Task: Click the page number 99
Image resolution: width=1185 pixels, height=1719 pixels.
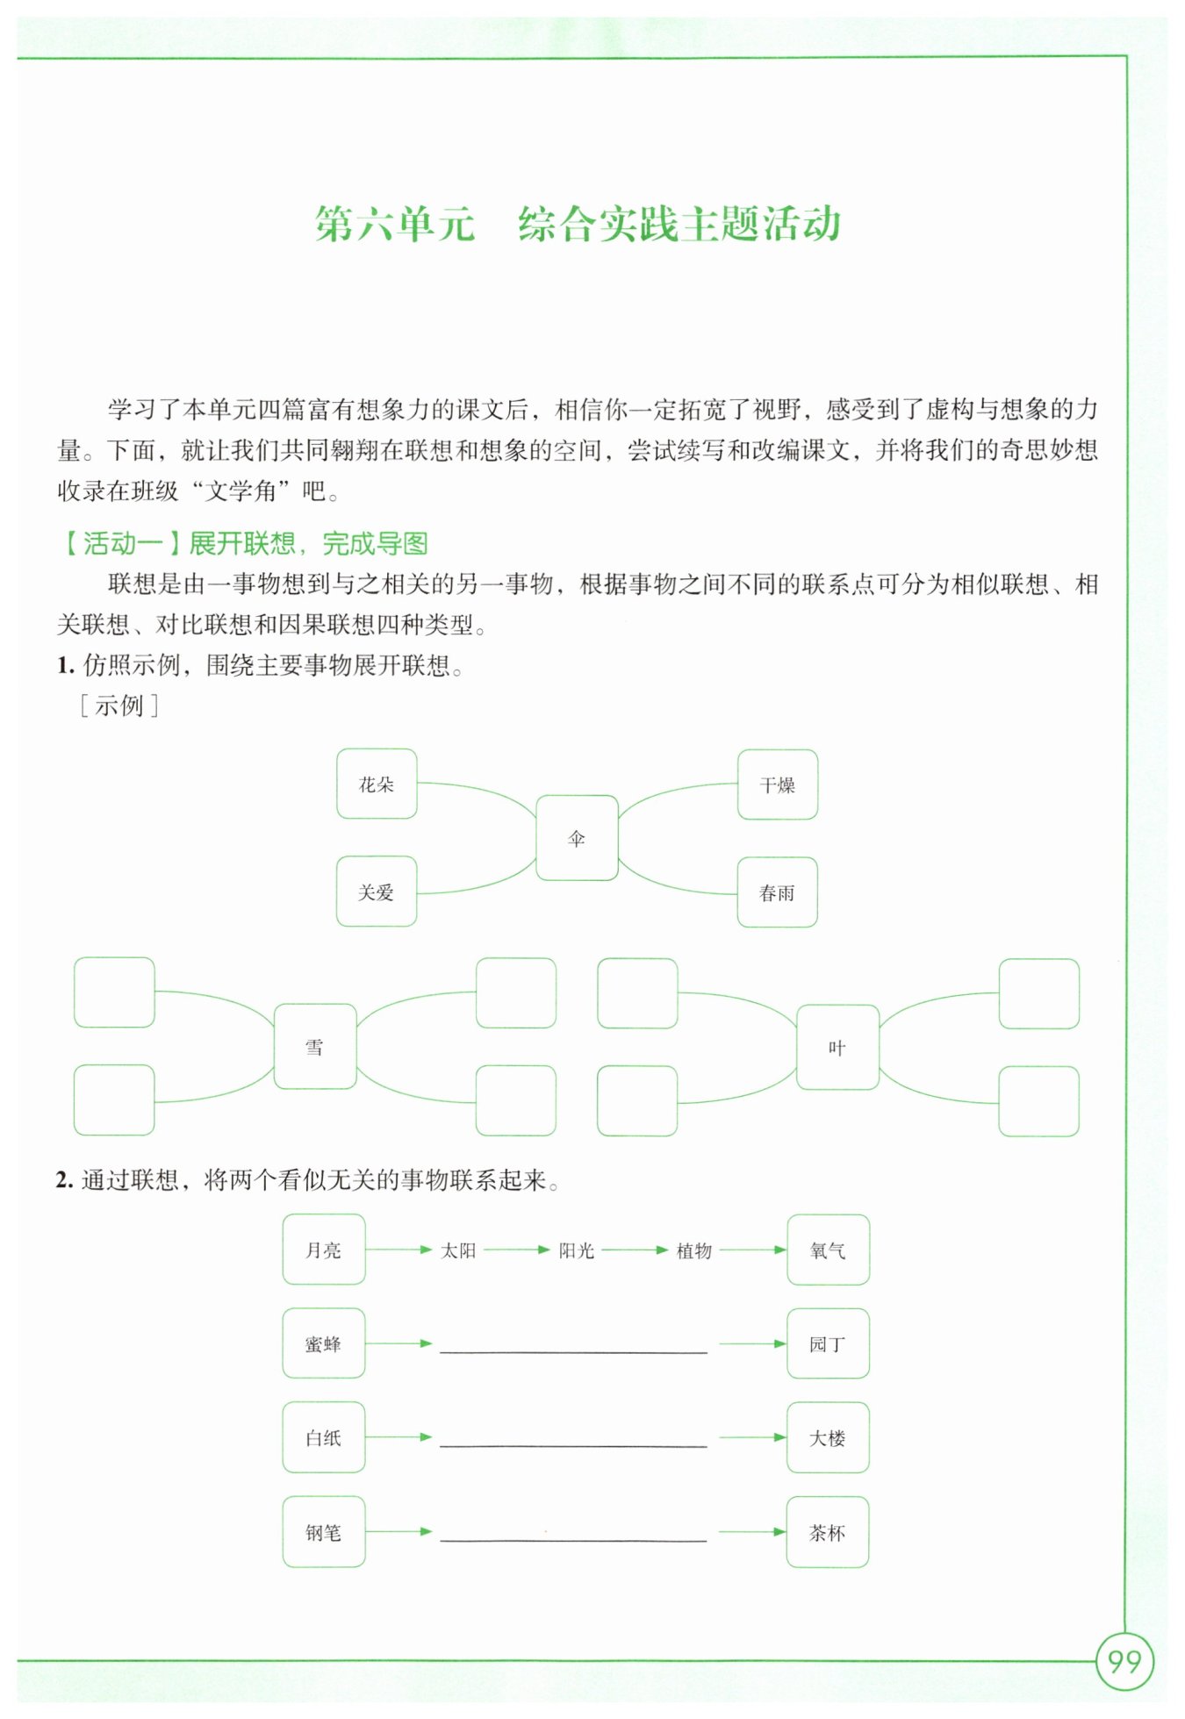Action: [x=1124, y=1661]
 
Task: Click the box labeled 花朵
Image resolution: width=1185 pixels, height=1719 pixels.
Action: [x=377, y=784]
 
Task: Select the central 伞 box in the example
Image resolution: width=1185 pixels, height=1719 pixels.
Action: [x=577, y=838]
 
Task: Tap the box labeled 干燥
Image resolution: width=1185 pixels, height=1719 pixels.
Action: [x=778, y=784]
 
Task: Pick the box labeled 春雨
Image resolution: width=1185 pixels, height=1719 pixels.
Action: [x=777, y=892]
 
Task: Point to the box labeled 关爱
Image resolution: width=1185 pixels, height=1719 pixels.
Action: [x=377, y=892]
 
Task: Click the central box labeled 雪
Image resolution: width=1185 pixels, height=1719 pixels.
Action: [x=315, y=1047]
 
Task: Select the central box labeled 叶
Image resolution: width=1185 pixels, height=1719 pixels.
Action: [x=837, y=1048]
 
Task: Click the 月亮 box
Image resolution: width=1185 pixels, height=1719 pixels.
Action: [x=324, y=1250]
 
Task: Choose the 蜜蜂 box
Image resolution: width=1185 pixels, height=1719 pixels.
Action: [x=324, y=1343]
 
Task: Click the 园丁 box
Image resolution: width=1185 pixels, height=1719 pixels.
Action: [x=828, y=1343]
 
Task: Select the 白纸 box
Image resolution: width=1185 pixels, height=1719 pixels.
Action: [x=324, y=1437]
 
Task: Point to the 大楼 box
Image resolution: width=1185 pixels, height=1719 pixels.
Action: [x=828, y=1437]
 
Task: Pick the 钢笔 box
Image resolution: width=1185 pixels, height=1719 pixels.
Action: [x=324, y=1532]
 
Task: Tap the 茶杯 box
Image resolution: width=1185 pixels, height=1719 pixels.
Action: [x=828, y=1532]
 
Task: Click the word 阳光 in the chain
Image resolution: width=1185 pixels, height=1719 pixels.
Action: [x=577, y=1250]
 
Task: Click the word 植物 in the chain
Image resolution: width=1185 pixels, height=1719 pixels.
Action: [x=693, y=1250]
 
